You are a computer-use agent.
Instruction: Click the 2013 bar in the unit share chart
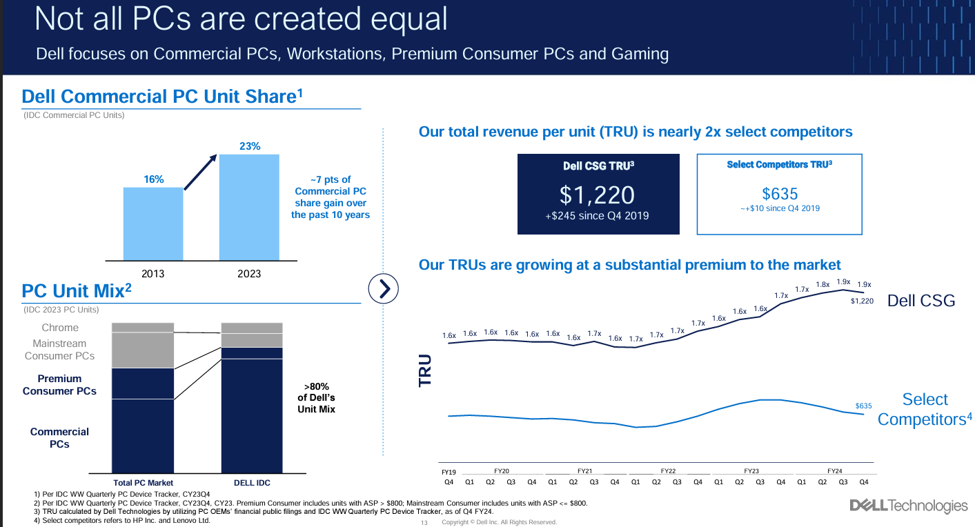[153, 223]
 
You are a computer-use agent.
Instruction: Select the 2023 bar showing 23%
[249, 207]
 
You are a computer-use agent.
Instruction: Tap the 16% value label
[153, 179]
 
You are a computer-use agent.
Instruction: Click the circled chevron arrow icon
[385, 288]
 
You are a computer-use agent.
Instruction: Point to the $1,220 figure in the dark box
[598, 195]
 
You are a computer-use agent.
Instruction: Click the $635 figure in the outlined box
[780, 194]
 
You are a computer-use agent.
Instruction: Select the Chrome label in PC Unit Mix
[60, 328]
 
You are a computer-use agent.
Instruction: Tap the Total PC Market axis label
[144, 483]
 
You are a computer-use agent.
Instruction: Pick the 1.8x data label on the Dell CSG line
[823, 284]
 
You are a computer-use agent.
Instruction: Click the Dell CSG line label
[921, 300]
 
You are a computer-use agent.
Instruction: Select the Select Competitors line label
[925, 409]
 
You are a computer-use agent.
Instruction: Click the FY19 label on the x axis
[449, 472]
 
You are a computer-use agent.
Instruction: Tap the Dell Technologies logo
[909, 506]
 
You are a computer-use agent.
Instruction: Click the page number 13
[424, 522]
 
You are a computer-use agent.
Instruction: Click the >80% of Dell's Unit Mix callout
[315, 398]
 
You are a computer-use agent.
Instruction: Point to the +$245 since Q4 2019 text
[598, 216]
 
